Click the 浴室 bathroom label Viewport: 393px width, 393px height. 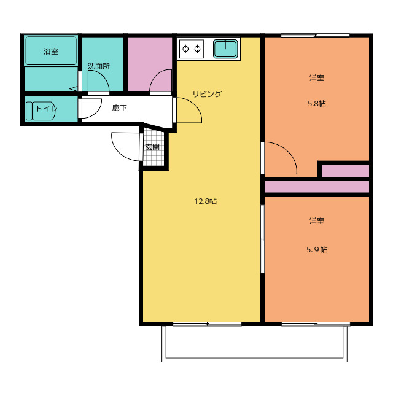pyautogui.click(x=51, y=52)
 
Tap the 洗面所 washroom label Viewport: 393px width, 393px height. pyautogui.click(x=99, y=66)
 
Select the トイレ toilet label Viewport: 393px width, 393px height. pyautogui.click(x=47, y=109)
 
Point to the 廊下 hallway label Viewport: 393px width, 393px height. pyautogui.click(x=119, y=108)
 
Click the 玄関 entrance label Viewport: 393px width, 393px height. pyautogui.click(x=152, y=147)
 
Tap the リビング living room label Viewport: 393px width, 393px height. pyautogui.click(x=207, y=94)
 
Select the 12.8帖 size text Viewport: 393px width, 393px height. pyautogui.click(x=205, y=201)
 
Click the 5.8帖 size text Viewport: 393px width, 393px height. pyautogui.click(x=317, y=104)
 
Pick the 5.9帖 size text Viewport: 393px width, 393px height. pyautogui.click(x=317, y=250)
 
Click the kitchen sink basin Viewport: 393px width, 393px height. pyautogui.click(x=225, y=49)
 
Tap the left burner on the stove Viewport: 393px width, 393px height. pyautogui.click(x=185, y=49)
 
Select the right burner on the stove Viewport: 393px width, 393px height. pyautogui.click(x=198, y=49)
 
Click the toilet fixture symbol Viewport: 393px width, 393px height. pyautogui.click(x=41, y=111)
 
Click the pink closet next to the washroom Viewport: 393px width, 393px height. pyautogui.click(x=150, y=64)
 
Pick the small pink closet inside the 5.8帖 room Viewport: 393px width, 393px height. pyautogui.click(x=345, y=171)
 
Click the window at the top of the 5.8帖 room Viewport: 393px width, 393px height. pyautogui.click(x=315, y=36)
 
